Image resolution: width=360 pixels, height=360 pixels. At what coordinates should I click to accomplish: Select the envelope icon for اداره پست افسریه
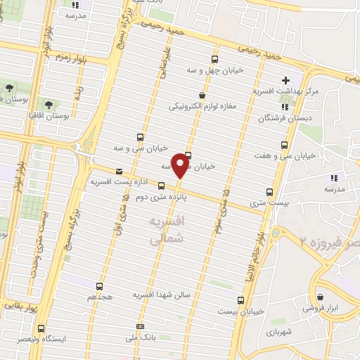click(118, 171)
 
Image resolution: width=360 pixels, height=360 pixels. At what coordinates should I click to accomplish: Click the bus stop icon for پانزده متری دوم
click(162, 186)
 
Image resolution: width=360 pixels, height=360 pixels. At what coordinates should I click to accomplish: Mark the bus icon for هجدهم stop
click(99, 285)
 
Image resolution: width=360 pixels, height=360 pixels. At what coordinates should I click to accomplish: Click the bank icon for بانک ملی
click(141, 327)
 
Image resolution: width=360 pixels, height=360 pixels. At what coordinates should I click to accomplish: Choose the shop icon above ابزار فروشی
click(321, 297)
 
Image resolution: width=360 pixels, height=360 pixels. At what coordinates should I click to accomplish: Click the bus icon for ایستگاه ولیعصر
click(41, 328)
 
